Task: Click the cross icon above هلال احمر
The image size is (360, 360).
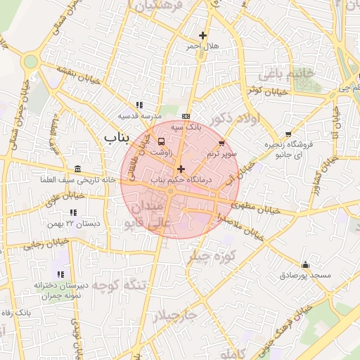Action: (x=202, y=35)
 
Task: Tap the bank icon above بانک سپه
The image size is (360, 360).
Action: (x=186, y=117)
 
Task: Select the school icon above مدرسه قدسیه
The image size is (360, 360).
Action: (x=139, y=105)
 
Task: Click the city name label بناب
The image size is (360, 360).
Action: (x=117, y=136)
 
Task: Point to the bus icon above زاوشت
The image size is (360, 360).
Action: (x=163, y=139)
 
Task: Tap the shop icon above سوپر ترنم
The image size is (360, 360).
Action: (x=221, y=143)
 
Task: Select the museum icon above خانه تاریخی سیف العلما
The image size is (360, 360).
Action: (x=77, y=169)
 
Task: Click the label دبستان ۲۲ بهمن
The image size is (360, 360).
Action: (x=73, y=223)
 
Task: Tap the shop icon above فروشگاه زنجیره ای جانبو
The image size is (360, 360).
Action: (x=288, y=134)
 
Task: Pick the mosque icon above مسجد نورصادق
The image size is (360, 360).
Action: (x=305, y=265)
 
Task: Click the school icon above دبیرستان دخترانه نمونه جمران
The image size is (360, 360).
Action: (x=60, y=274)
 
